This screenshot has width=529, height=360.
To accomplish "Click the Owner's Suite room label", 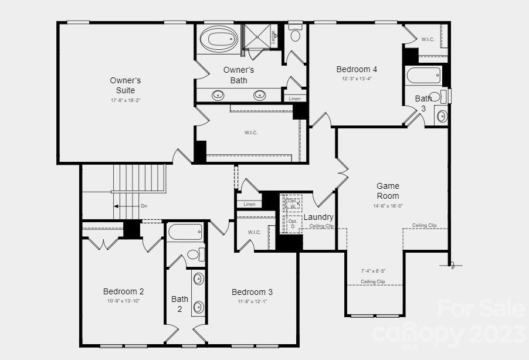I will click(x=126, y=86).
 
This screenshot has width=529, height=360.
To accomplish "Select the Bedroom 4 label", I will click(x=357, y=69).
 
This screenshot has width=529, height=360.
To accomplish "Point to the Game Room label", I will click(x=388, y=191).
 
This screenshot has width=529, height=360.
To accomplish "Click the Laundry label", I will click(x=318, y=217).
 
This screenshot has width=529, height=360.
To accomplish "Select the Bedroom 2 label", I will click(x=123, y=291).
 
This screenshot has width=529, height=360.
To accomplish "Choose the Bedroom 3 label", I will click(x=252, y=292).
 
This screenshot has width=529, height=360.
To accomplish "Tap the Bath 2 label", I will click(x=179, y=304).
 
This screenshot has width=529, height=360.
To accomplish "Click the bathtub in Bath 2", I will click(x=185, y=233).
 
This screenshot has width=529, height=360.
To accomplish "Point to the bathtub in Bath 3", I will click(x=423, y=75).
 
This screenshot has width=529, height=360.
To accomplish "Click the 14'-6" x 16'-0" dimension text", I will click(x=388, y=206).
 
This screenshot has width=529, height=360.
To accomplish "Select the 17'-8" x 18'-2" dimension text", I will click(x=126, y=100).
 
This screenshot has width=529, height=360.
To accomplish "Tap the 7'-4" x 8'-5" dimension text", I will click(x=373, y=271).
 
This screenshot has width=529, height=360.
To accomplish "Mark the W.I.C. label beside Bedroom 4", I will click(x=428, y=39).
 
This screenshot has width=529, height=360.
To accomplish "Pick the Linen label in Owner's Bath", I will click(x=294, y=99).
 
